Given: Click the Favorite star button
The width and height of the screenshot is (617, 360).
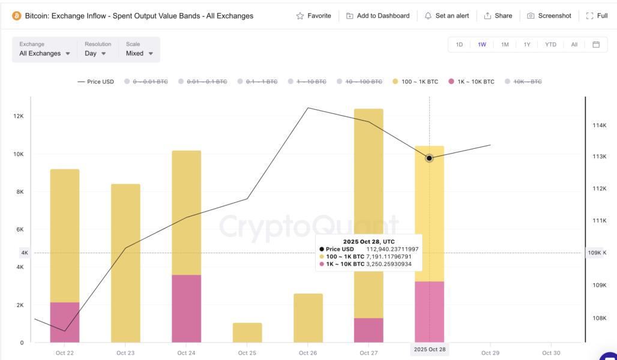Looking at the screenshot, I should point(313,16).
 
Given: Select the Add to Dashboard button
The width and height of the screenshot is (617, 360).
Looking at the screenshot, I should point(378,16).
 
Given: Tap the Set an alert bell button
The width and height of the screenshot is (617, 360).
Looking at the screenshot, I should point(447,16).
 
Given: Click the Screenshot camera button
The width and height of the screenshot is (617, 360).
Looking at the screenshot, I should point(549,16).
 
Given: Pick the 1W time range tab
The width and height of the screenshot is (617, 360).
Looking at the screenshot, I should point(482,44).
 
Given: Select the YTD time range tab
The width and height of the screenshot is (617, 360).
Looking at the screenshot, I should point(550,44).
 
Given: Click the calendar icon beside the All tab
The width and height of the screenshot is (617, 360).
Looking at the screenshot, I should point(596,44).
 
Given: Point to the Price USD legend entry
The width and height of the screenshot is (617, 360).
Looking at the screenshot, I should point(95,82).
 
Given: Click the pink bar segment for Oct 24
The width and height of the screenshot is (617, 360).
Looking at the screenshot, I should point(186,308).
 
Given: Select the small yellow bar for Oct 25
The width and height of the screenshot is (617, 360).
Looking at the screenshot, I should point(247,332).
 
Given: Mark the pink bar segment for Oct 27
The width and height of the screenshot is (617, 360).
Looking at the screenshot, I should point(369,330).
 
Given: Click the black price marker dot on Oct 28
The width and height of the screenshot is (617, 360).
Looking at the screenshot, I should point(429,158).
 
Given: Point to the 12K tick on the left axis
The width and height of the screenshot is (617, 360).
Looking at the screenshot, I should point(19,116).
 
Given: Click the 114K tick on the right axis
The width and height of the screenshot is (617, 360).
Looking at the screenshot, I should point(600,125).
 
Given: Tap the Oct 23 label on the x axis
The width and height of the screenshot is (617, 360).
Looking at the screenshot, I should point(125,353).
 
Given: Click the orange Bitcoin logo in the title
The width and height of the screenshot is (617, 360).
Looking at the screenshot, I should point(17,16).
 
